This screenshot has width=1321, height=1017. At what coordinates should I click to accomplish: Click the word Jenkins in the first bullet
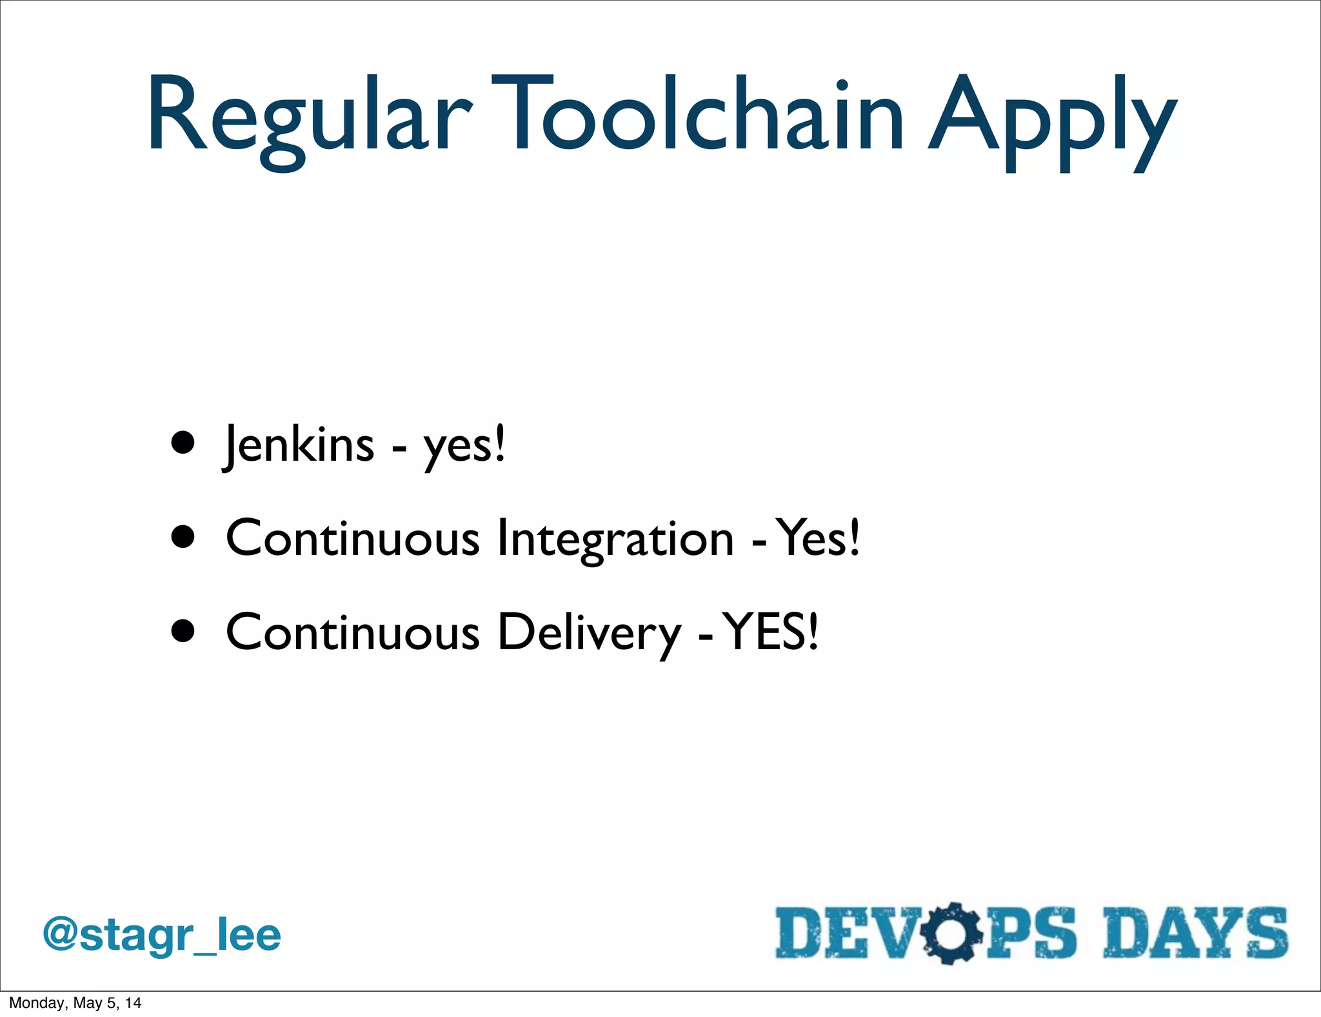pyautogui.click(x=299, y=445)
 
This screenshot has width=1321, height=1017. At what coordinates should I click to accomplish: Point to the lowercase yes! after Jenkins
pyautogui.click(x=464, y=447)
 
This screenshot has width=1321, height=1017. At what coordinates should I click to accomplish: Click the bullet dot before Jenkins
pyautogui.click(x=183, y=444)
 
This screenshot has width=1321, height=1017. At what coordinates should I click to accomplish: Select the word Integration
pyautogui.click(x=615, y=539)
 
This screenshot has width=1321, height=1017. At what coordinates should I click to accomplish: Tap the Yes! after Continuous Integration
pyautogui.click(x=817, y=538)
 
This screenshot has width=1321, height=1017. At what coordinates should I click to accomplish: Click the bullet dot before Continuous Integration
pyautogui.click(x=183, y=537)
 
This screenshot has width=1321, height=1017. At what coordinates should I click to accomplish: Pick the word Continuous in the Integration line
pyautogui.click(x=352, y=539)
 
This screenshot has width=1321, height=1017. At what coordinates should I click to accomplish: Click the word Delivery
pyautogui.click(x=589, y=632)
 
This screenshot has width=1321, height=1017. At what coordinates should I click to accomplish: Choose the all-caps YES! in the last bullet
pyautogui.click(x=770, y=631)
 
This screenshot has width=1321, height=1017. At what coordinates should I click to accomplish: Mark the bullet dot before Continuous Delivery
pyautogui.click(x=183, y=631)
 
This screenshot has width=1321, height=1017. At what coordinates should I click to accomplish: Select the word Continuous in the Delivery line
pyautogui.click(x=352, y=632)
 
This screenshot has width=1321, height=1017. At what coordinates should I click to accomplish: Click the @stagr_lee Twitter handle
pyautogui.click(x=162, y=935)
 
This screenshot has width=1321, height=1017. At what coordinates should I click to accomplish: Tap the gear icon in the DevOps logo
pyautogui.click(x=951, y=933)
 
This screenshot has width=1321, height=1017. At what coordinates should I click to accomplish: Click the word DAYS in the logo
pyautogui.click(x=1195, y=933)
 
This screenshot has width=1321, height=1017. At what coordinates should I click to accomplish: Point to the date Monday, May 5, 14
pyautogui.click(x=75, y=1003)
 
